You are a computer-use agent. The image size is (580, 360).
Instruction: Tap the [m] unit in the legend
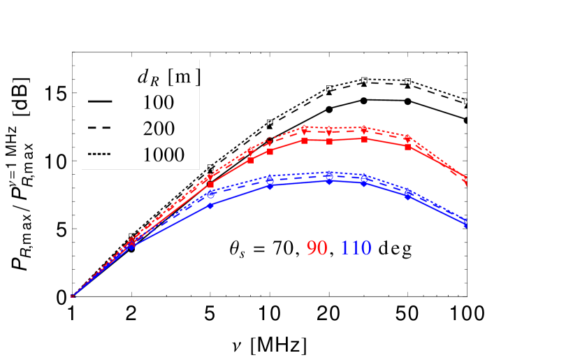184,76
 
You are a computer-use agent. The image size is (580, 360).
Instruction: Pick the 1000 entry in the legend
164,154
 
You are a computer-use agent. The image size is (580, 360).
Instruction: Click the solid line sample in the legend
101,102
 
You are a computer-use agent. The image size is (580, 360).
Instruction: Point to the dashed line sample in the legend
101,129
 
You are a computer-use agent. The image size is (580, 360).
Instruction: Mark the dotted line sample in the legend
101,154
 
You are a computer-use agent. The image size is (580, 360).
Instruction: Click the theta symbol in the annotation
236,248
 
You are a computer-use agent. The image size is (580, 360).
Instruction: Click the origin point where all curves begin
72,296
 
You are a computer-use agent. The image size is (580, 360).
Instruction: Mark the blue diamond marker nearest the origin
132,247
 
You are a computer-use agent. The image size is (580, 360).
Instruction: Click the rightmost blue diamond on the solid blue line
465,224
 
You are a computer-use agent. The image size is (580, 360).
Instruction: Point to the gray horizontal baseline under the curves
280,296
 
